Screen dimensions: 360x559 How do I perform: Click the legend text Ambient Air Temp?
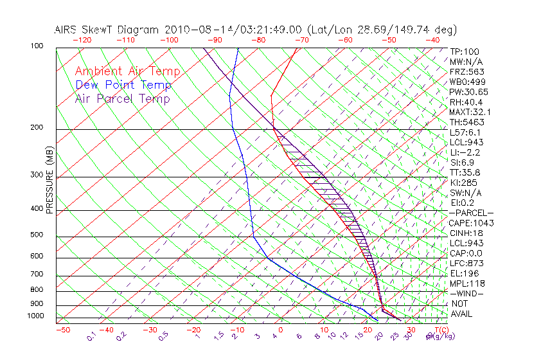pyautogui.click(x=127, y=72)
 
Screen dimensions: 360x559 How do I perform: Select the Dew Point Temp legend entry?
pyautogui.click(x=123, y=85)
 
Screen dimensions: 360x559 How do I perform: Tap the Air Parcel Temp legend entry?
pyautogui.click(x=123, y=99)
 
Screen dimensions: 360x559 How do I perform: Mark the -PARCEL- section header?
pyautogui.click(x=470, y=213)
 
